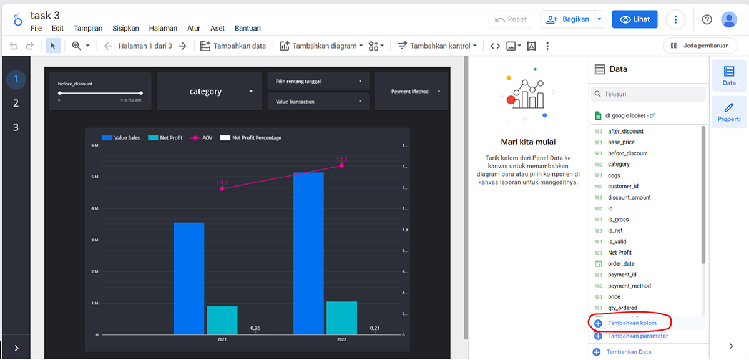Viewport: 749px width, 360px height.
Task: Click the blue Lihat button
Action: click(635, 19)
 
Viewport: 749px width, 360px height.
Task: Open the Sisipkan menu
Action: click(125, 28)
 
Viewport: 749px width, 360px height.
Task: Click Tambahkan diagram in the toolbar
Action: click(319, 46)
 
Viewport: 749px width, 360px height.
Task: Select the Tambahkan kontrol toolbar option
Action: click(438, 46)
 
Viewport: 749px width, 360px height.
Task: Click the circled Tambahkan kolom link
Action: click(632, 323)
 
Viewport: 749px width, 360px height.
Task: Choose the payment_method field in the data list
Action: click(629, 286)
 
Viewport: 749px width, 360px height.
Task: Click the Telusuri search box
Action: click(649, 94)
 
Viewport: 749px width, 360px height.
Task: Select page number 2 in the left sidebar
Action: click(16, 104)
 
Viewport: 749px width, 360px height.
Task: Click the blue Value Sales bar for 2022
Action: click(308, 253)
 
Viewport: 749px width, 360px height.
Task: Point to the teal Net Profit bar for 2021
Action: click(222, 320)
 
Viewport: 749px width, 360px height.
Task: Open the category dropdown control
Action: click(206, 92)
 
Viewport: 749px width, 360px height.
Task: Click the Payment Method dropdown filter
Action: click(411, 92)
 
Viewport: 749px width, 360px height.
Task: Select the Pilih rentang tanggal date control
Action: click(318, 81)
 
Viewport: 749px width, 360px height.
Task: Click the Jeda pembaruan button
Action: click(700, 46)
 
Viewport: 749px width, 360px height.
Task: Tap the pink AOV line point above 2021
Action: click(222, 188)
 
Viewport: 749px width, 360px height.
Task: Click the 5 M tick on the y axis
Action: click(95, 177)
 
